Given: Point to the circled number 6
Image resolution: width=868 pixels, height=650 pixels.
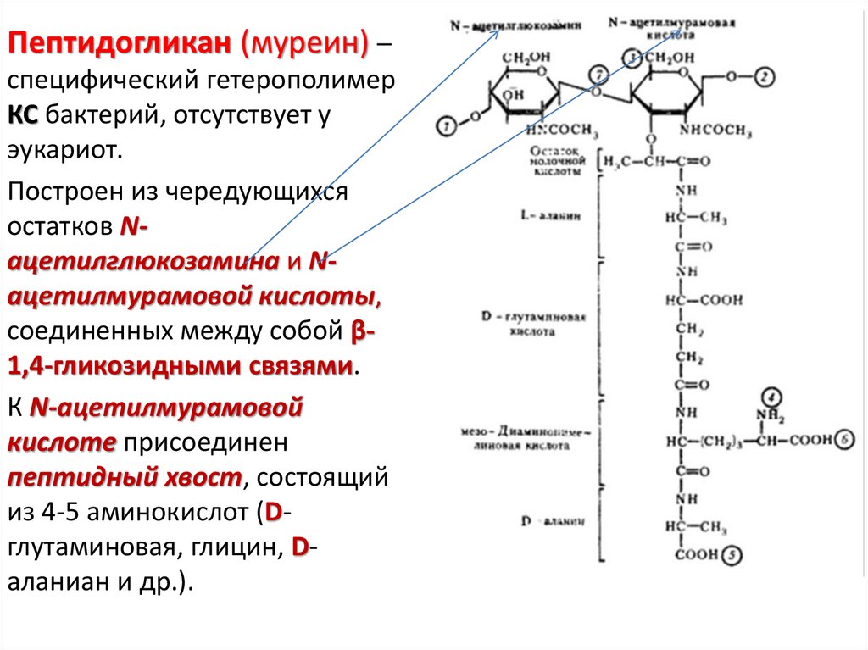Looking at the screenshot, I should [845, 439].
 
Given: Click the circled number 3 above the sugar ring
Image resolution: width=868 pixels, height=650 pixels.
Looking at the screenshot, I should [630, 58].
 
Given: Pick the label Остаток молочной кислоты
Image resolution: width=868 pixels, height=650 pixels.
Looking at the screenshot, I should [556, 160].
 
